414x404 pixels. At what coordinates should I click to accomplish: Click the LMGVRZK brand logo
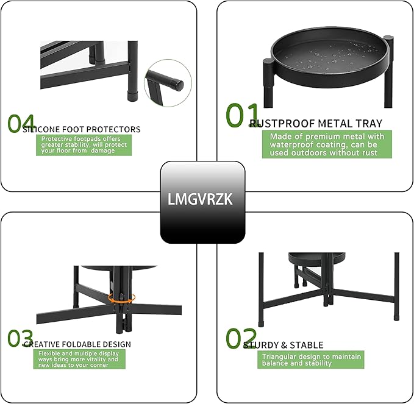coord(202,199)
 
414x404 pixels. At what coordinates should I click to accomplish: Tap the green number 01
coord(238,116)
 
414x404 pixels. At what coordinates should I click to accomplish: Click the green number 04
coord(21,122)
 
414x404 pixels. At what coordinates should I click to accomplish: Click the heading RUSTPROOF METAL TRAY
coord(316,124)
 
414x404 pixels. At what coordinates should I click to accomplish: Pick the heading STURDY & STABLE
coord(284,346)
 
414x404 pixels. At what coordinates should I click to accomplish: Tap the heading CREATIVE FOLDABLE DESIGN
coord(77,344)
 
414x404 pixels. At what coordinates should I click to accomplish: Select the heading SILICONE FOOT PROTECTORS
coord(82,129)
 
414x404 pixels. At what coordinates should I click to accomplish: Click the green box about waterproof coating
coord(327,144)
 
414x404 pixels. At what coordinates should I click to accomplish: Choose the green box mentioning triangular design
coord(312,360)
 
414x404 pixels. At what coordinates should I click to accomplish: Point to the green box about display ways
coord(79,359)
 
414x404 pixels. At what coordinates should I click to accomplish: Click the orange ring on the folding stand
coord(121,297)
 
